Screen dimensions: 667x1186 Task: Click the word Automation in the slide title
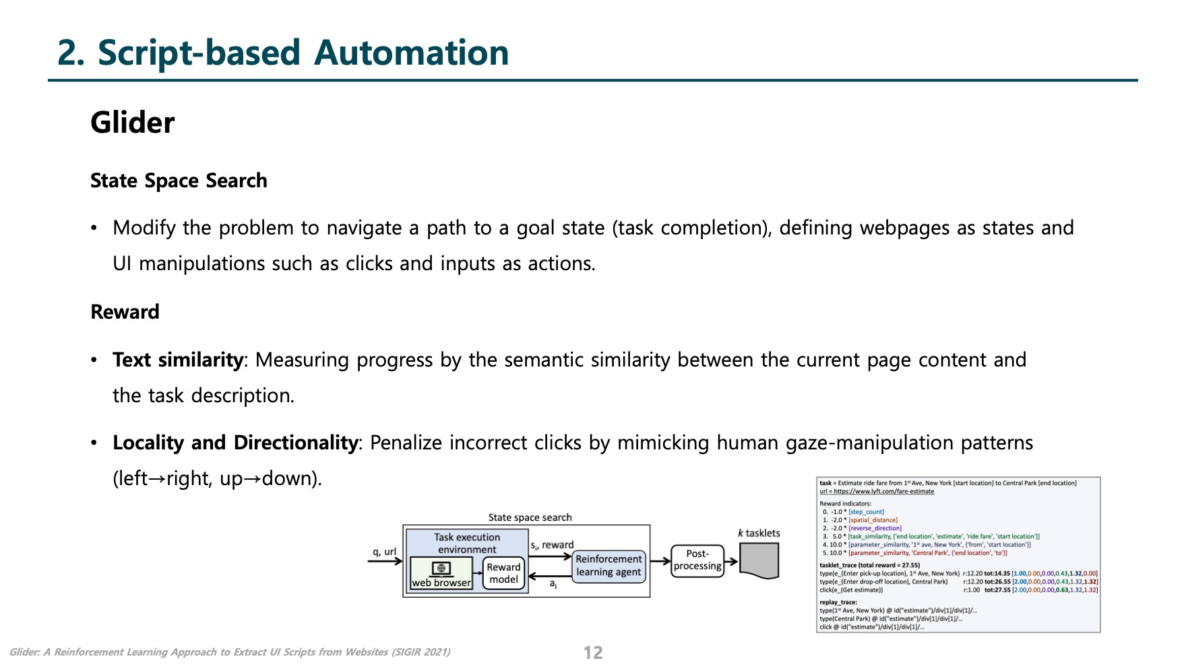pos(411,53)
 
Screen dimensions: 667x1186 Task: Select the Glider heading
pos(132,123)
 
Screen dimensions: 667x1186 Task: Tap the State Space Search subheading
pos(179,181)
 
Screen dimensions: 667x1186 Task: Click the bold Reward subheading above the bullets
pos(125,312)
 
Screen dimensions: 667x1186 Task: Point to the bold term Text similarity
pos(177,360)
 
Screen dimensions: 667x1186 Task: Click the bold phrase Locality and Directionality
pos(235,443)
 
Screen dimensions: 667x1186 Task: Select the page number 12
pos(592,652)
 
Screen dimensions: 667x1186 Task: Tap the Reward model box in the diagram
pos(503,573)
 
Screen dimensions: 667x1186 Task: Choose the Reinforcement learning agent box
pos(608,566)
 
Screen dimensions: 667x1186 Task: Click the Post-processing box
pos(697,560)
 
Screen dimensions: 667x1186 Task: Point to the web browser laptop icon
pos(441,569)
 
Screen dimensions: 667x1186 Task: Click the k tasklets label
pos(759,533)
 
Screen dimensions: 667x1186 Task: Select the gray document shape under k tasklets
pos(759,561)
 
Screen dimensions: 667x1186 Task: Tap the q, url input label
pos(384,552)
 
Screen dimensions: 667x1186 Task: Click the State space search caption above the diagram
pos(530,517)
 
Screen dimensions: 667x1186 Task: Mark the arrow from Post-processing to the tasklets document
pos(731,561)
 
